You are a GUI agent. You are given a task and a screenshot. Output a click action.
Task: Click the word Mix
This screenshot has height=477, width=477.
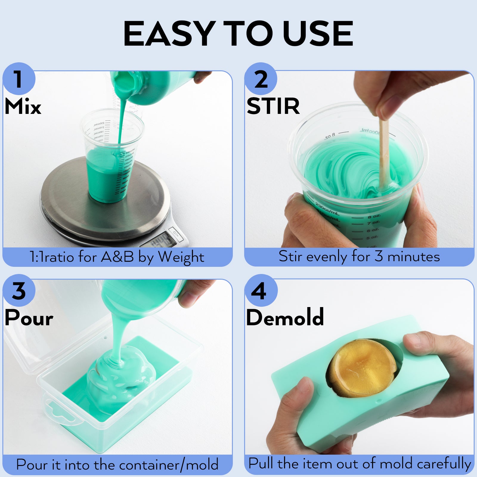(23, 106)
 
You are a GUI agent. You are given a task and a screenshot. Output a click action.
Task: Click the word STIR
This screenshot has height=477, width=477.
(273, 106)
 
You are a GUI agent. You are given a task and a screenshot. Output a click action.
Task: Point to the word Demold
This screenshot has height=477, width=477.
(285, 318)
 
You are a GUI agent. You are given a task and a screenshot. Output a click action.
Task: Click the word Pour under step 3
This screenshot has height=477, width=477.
(29, 318)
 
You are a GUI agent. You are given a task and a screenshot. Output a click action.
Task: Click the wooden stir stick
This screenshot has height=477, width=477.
(384, 155)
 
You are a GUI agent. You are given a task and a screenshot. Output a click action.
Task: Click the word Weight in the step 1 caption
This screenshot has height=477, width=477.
(181, 257)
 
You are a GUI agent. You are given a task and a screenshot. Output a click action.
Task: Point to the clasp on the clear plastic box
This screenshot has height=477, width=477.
(61, 414)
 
